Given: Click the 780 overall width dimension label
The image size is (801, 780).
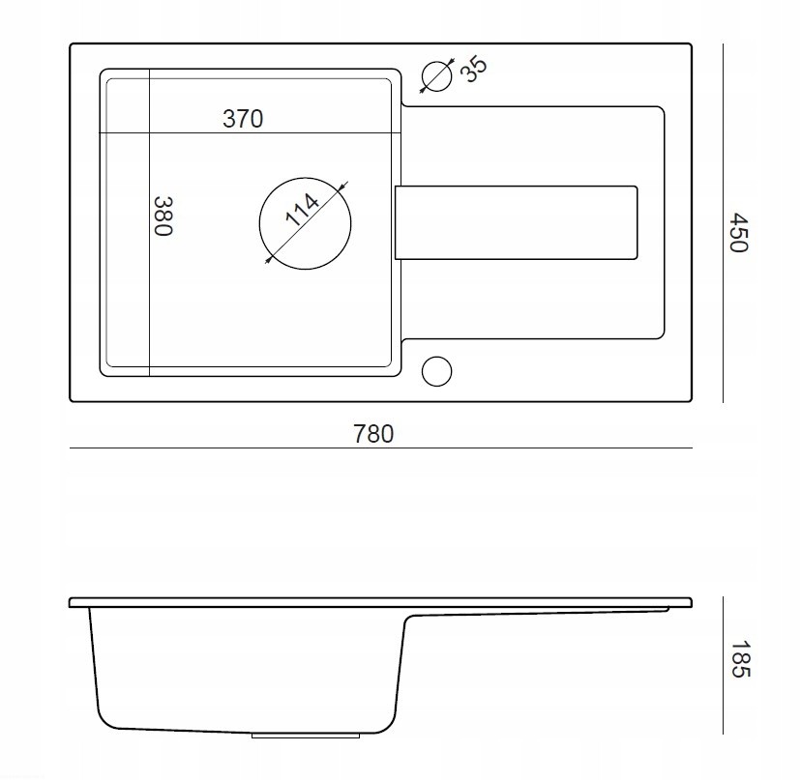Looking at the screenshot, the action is [x=373, y=434].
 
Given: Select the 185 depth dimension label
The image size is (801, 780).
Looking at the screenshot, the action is [x=739, y=659].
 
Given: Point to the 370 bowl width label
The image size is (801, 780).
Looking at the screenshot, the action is [x=243, y=119].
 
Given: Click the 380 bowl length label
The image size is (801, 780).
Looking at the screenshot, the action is [x=163, y=216].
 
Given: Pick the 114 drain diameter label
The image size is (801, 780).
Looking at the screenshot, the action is [x=302, y=210].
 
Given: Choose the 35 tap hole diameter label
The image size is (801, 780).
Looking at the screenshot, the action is [x=474, y=70].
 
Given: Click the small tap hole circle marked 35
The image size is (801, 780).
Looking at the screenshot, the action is [x=436, y=76].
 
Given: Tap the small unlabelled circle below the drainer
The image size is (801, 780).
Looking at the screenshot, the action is [x=436, y=371].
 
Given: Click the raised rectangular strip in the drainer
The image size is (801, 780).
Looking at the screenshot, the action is [x=516, y=222].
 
